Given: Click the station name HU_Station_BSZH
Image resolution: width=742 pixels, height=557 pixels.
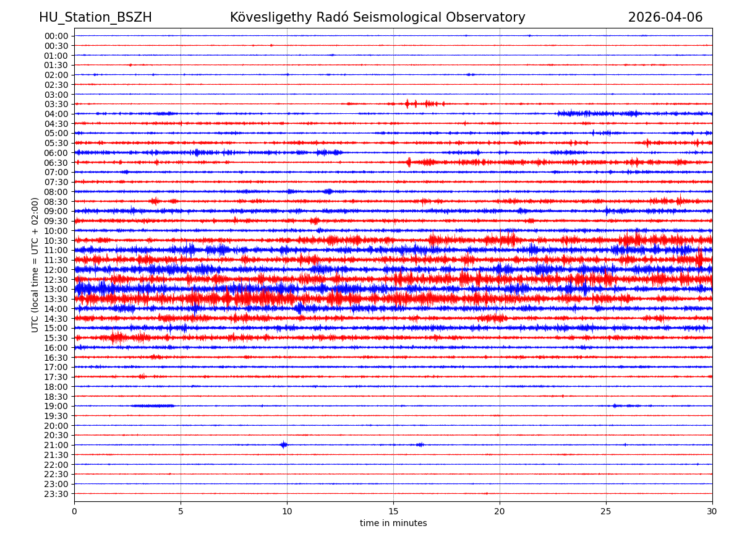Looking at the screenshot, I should click(95, 17).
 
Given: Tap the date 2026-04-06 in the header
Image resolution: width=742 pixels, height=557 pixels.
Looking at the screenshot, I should click(665, 17).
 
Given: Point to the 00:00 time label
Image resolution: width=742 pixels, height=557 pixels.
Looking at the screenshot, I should click(56, 36).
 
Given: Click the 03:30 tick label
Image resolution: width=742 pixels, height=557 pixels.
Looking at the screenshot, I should click(56, 104).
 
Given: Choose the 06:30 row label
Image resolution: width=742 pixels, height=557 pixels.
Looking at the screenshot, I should click(56, 163).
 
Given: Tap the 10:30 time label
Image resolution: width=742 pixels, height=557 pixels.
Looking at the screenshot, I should click(56, 241).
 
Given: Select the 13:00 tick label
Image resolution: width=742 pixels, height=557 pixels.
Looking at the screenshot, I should click(56, 289).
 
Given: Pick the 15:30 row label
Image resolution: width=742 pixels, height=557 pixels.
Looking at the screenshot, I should click(56, 338).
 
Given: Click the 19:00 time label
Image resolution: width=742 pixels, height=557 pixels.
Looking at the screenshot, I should click(56, 406).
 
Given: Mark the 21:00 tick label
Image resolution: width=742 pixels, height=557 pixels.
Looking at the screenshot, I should click(56, 445).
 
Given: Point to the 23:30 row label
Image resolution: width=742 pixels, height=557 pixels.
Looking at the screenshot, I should click(56, 494).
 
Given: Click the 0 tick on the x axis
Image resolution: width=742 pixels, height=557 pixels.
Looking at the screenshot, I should click(74, 511).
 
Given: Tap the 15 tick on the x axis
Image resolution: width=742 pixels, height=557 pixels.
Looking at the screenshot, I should click(393, 511).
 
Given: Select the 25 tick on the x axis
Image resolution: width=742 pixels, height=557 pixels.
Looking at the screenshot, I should click(606, 511).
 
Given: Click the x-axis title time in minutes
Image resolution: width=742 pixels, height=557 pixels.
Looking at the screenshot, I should click(393, 523).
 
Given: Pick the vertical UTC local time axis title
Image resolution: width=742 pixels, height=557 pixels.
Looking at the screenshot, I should click(35, 265).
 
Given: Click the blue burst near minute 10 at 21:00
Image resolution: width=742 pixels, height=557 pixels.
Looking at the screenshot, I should click(284, 444).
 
